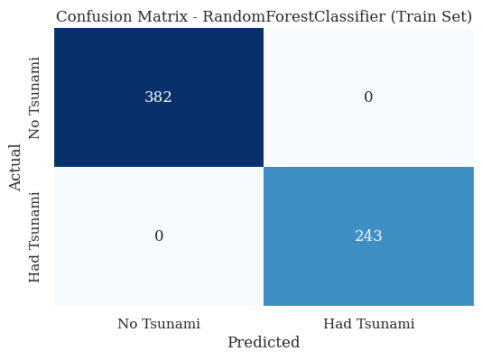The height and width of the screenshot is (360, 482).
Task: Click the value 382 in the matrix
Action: [x=158, y=97]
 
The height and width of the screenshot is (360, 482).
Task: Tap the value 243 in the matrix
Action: [x=368, y=236]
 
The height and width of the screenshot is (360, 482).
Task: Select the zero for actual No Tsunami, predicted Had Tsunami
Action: [x=368, y=97]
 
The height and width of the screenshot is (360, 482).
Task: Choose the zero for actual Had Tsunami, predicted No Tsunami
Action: [x=158, y=236]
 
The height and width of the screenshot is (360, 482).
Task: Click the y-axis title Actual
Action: [x=15, y=167]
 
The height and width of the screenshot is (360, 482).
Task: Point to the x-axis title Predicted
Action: [x=264, y=343]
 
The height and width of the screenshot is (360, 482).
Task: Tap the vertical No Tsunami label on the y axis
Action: [x=36, y=97]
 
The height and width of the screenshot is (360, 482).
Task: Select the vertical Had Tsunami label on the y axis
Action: [x=36, y=236]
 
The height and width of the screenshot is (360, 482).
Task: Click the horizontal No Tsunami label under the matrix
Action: [x=159, y=324]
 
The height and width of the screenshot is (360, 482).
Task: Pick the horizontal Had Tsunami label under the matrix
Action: [x=368, y=324]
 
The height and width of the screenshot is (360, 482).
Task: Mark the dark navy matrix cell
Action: [x=108, y=63]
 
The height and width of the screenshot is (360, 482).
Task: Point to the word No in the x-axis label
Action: [x=127, y=324]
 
